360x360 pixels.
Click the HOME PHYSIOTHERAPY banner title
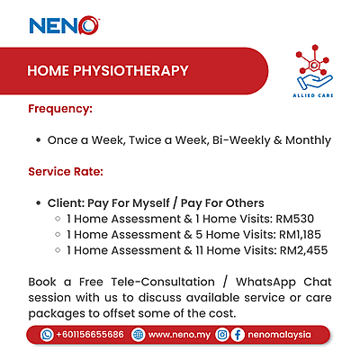click(107, 70)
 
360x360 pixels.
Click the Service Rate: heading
click(66, 170)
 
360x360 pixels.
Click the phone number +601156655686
click(89, 334)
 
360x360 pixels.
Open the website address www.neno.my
click(178, 334)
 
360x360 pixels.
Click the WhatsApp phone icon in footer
click(47, 334)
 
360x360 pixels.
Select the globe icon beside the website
click(138, 334)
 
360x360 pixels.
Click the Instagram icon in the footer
click(221, 334)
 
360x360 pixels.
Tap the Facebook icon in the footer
click(238, 334)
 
